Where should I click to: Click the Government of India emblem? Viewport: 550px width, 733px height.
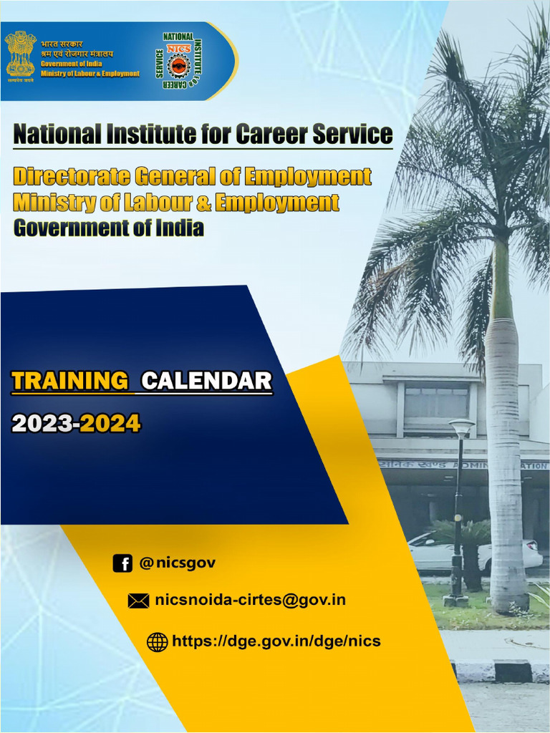20,54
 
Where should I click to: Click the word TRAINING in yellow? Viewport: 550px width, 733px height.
69,381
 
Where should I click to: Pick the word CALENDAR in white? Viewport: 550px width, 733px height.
206,381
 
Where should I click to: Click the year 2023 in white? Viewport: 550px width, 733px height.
42,424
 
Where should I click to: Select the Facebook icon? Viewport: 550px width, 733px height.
122,563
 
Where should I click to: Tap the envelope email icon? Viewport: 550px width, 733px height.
138,601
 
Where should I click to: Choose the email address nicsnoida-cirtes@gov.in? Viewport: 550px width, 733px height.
250,600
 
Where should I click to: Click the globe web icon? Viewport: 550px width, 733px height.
157,641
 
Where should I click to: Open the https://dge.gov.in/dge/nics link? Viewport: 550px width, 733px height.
276,641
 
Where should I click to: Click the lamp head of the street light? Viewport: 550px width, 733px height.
461,428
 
